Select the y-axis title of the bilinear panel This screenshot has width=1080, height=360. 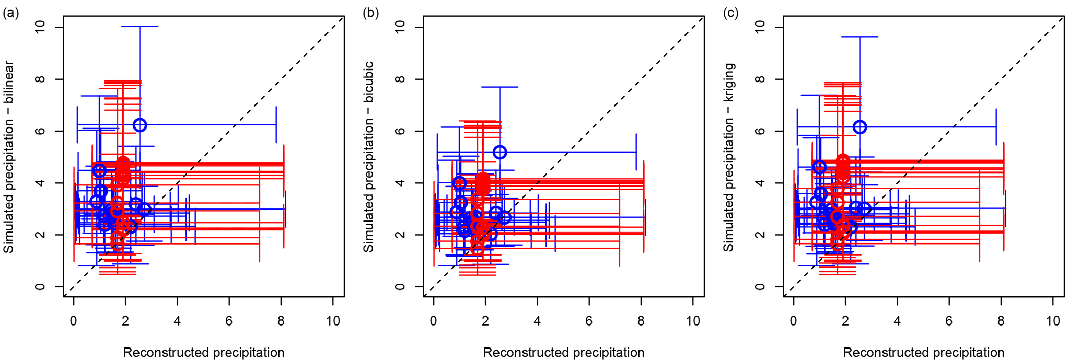[x=9, y=157]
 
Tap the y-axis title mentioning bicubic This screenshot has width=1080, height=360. [x=369, y=157]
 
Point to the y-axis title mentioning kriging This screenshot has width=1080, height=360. [x=729, y=157]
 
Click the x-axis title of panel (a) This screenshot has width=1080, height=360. [x=204, y=353]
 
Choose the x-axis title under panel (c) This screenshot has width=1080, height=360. [x=924, y=353]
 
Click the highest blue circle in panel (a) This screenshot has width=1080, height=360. [x=140, y=125]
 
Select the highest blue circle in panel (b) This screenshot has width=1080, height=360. [x=500, y=152]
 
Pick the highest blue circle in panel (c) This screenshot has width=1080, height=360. [x=860, y=127]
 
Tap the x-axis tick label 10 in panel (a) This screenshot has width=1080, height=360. [x=333, y=320]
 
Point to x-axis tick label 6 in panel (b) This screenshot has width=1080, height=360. [x=589, y=320]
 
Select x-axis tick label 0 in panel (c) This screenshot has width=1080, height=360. [x=793, y=320]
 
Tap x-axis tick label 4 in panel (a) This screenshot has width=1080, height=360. [x=177, y=320]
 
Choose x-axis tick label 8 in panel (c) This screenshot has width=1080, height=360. [x=1001, y=320]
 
